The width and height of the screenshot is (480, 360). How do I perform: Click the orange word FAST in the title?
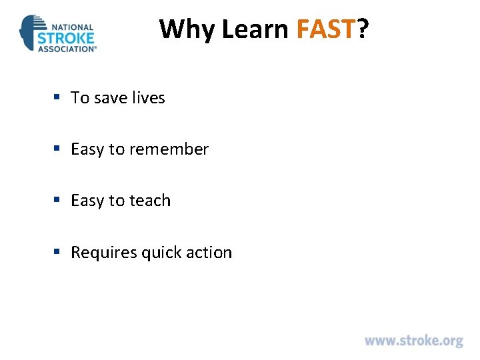click(x=326, y=29)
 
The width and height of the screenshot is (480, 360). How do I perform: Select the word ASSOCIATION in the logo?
click(x=66, y=48)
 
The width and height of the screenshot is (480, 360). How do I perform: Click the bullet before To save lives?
click(x=58, y=97)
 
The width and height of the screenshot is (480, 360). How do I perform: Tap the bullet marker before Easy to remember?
click(x=58, y=149)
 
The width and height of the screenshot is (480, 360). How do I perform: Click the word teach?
click(x=150, y=201)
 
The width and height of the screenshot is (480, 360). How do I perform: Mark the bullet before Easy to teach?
click(x=58, y=201)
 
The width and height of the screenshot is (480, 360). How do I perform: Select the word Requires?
click(x=103, y=253)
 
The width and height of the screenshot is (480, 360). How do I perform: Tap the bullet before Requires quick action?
click(x=58, y=252)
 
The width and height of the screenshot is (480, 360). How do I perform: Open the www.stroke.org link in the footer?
click(x=413, y=341)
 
